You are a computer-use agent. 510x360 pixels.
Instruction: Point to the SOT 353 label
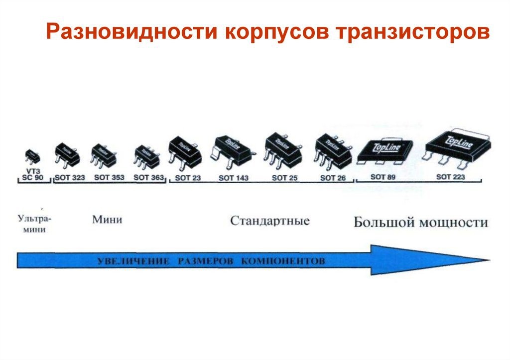pyautogui.click(x=109, y=177)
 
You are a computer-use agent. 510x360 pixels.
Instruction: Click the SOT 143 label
pyautogui.click(x=234, y=177)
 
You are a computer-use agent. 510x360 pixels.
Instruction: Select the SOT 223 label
pyautogui.click(x=451, y=177)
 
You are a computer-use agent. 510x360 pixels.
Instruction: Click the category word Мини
pyautogui.click(x=107, y=220)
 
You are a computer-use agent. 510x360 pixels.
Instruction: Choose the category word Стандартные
pyautogui.click(x=270, y=221)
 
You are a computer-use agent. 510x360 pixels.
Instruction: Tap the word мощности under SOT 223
pyautogui.click(x=453, y=223)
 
